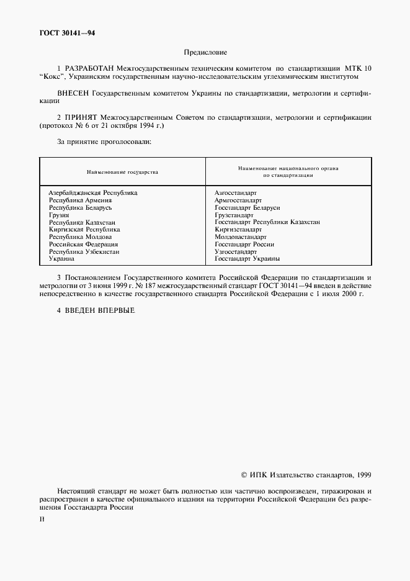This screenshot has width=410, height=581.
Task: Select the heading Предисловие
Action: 205,53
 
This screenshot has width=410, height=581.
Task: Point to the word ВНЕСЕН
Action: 73,93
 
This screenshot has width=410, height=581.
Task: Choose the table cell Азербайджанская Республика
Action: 93,192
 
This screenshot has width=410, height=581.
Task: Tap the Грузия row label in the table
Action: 59,215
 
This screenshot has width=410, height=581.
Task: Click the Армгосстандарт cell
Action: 238,200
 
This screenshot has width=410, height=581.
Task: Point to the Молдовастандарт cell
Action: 241,236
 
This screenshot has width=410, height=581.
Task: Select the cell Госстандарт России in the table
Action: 244,244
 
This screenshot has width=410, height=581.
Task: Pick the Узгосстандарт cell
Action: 236,251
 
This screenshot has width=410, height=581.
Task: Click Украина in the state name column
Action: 62,259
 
